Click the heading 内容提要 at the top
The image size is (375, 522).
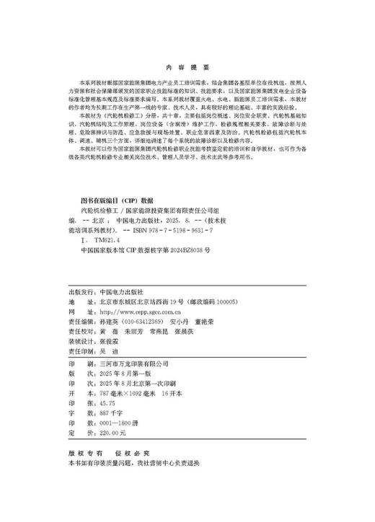[187, 63]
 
